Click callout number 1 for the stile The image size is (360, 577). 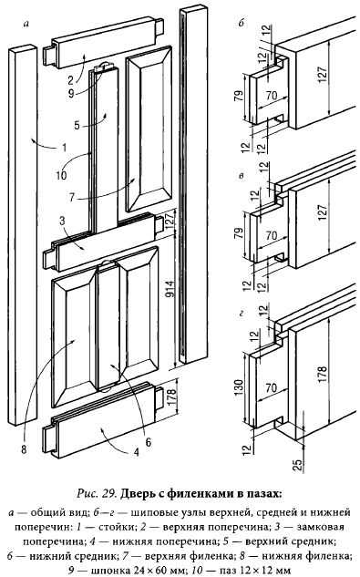(64, 148)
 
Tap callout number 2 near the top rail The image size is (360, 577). (71, 80)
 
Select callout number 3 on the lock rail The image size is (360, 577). (62, 222)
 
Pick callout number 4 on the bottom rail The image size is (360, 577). (137, 451)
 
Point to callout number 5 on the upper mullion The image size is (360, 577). (77, 125)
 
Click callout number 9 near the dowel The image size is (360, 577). (71, 93)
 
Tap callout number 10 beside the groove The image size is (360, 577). (61, 175)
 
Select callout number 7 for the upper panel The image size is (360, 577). (71, 197)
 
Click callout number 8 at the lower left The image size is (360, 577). (24, 449)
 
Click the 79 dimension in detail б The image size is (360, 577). (239, 96)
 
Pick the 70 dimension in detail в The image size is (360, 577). (271, 235)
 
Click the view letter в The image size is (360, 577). (242, 176)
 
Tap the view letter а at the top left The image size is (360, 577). (26, 24)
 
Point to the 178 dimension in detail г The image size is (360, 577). (322, 375)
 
